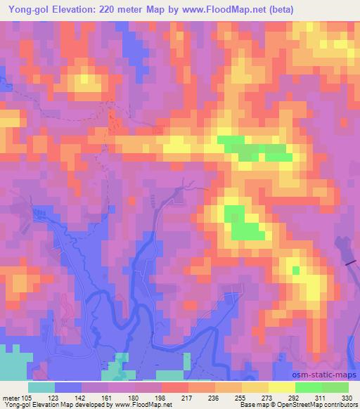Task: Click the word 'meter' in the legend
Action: [x=11, y=397]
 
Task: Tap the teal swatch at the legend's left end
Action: [x=41, y=387]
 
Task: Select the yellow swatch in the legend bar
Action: [x=282, y=387]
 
